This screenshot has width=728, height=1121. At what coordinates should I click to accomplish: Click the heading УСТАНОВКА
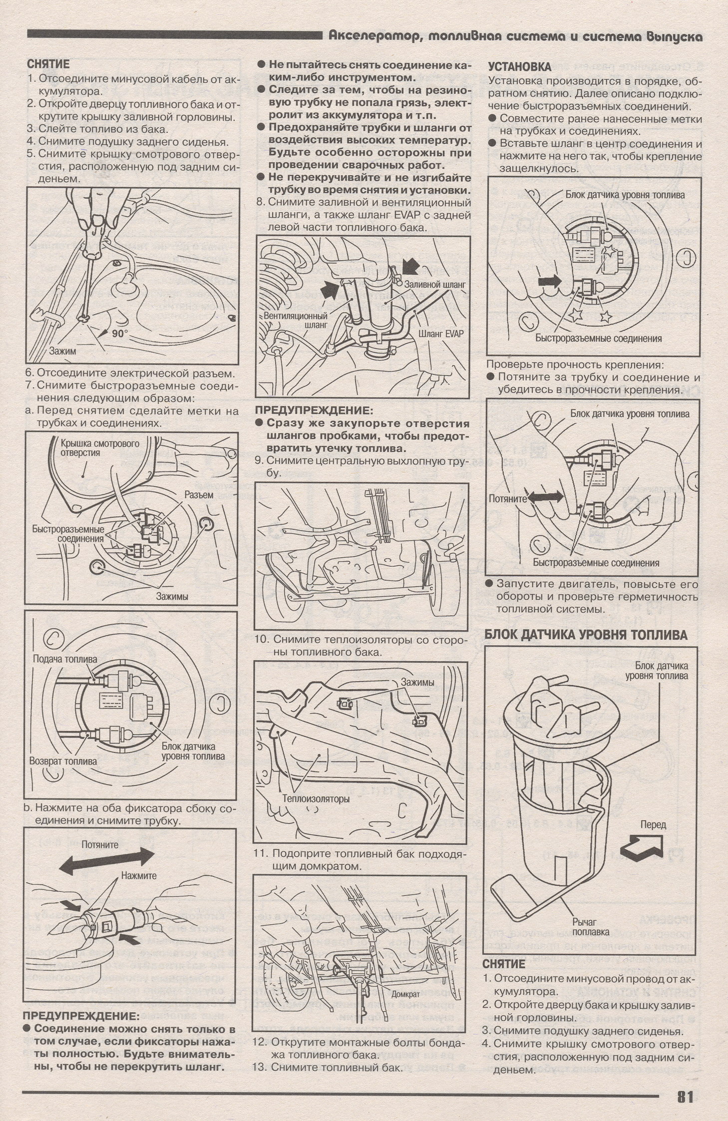pos(519,66)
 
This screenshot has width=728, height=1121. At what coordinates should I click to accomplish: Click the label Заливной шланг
pos(435,284)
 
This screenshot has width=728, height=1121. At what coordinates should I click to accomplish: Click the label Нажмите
pos(139,875)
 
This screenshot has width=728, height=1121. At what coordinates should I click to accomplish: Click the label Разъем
pos(199,495)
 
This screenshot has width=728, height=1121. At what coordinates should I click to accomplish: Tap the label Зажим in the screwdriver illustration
pos(62,351)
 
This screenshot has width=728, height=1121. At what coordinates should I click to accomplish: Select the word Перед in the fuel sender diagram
pos(653,824)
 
